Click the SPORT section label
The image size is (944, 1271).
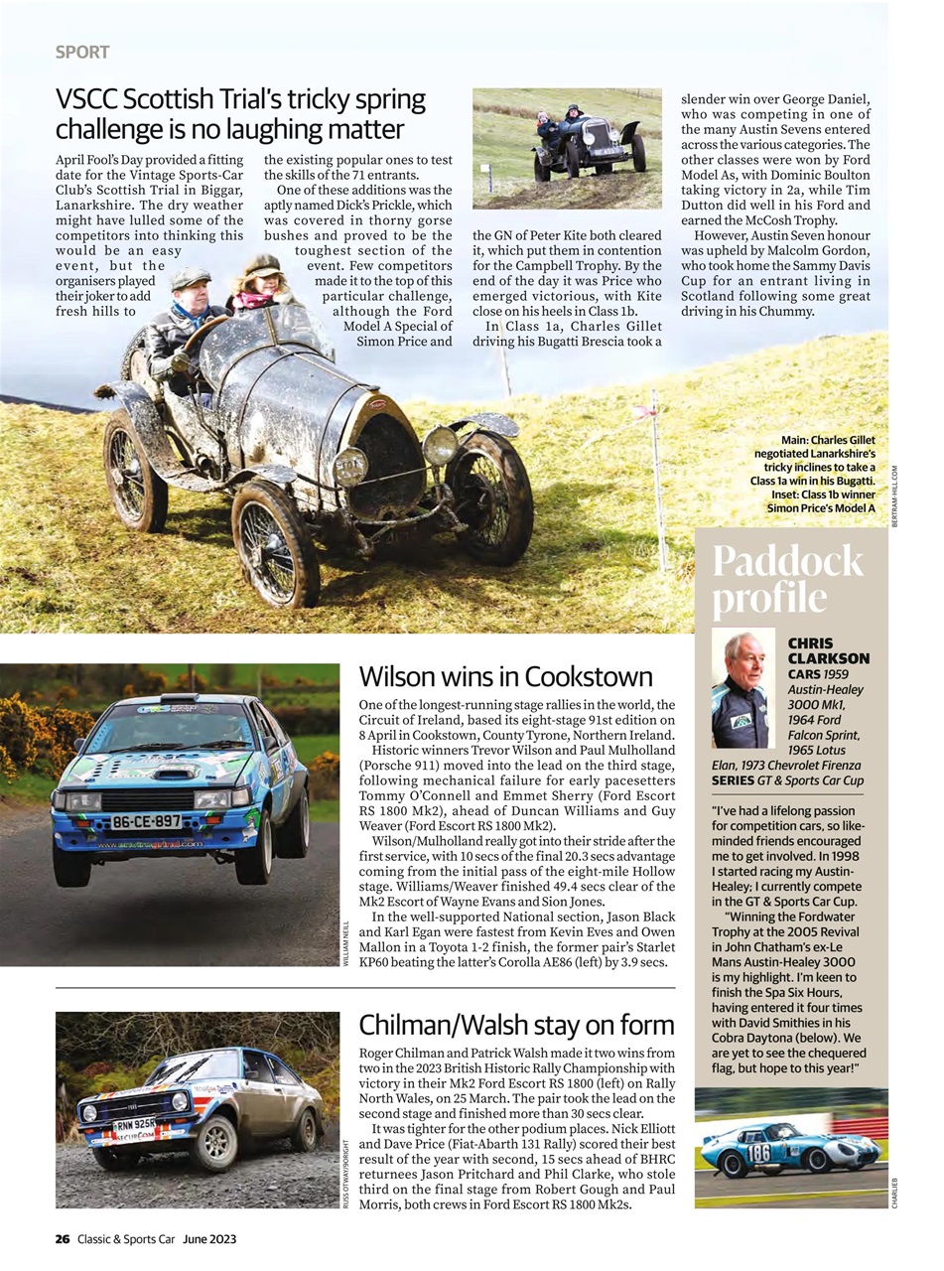[x=81, y=52]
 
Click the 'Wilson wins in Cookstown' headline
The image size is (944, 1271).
[x=505, y=677]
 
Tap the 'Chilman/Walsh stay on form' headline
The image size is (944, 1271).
[x=516, y=1025]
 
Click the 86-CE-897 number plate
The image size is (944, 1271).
[x=147, y=821]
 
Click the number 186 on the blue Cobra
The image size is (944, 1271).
[x=758, y=1152]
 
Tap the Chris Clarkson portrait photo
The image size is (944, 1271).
[x=741, y=689]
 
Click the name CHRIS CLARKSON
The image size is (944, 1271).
[x=827, y=650]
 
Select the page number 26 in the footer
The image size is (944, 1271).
[x=63, y=1238]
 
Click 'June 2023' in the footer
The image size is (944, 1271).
[x=208, y=1238]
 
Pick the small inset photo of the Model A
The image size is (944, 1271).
[x=567, y=148]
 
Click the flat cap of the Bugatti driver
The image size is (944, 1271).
[x=191, y=277]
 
